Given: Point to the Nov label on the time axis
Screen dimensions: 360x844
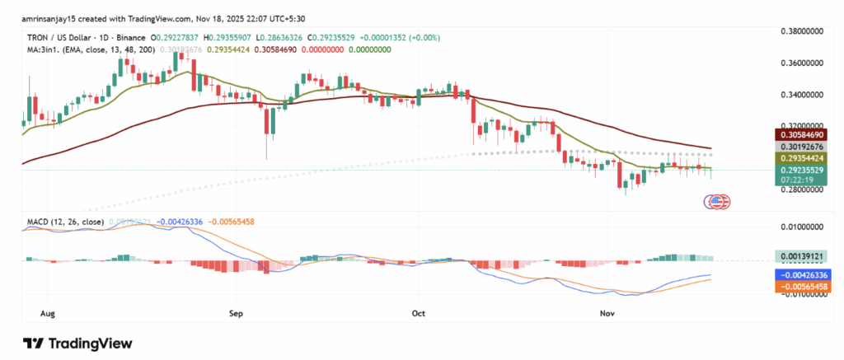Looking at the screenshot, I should click(x=607, y=314).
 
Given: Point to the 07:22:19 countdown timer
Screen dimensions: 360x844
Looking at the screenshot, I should click(x=804, y=180).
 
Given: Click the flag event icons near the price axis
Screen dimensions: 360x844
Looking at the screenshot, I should click(x=717, y=201).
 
